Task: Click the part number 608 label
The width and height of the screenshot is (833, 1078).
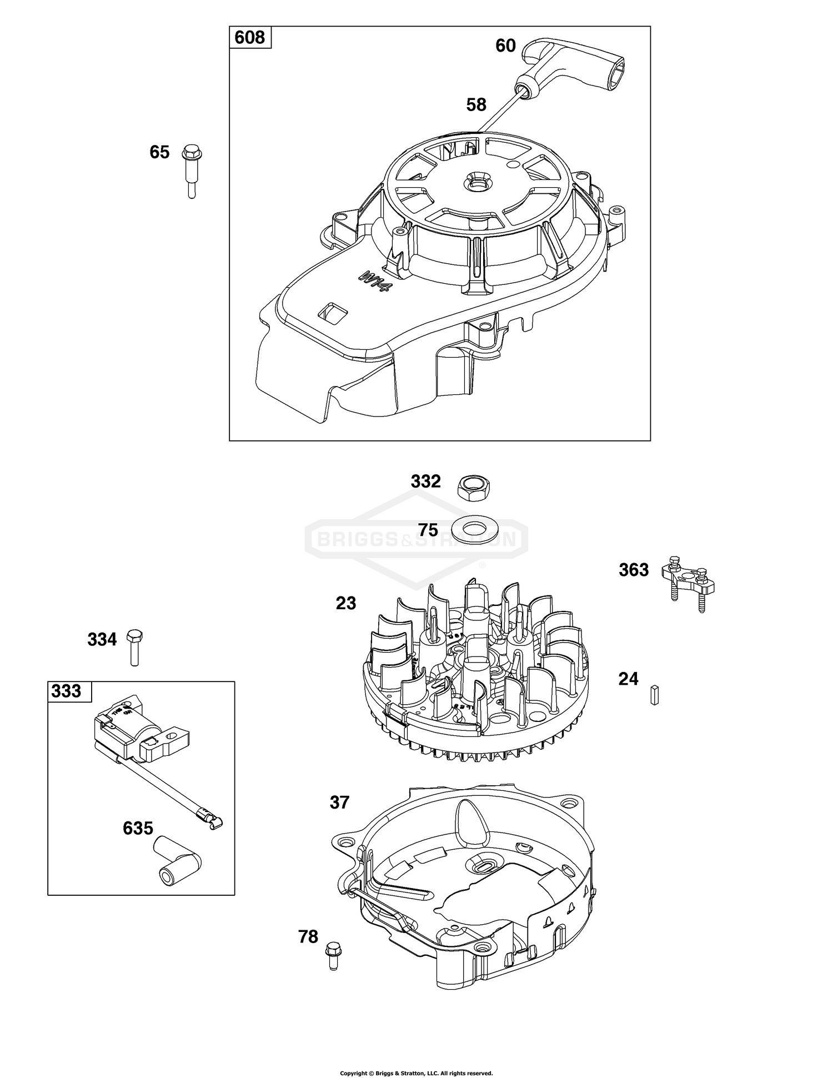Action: pyautogui.click(x=250, y=37)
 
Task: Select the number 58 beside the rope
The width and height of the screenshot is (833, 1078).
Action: pyautogui.click(x=476, y=104)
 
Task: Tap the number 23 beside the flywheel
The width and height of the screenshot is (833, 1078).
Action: pyautogui.click(x=345, y=603)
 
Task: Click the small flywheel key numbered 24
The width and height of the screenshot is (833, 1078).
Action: pyautogui.click(x=654, y=695)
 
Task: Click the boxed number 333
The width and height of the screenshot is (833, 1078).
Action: pyautogui.click(x=66, y=691)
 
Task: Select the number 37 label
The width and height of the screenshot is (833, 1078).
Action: pyautogui.click(x=339, y=802)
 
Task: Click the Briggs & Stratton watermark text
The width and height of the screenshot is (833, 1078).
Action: pyautogui.click(x=416, y=539)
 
